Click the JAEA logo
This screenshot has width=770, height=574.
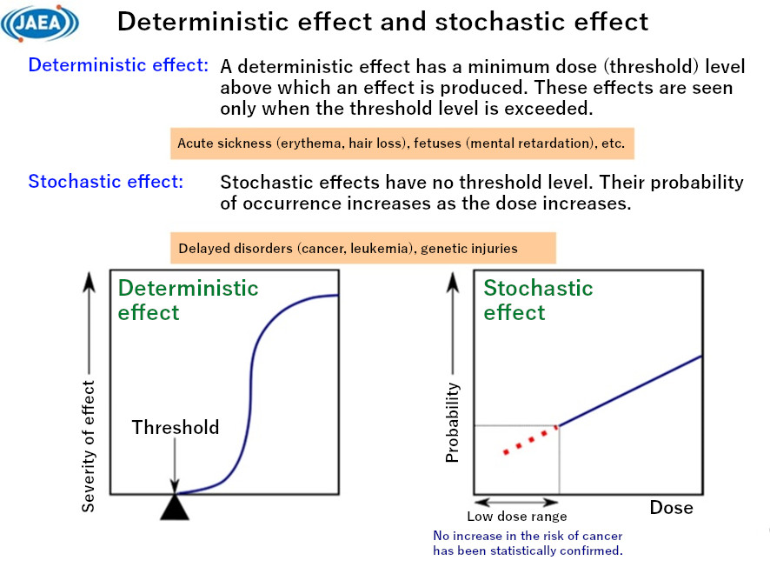(40, 23)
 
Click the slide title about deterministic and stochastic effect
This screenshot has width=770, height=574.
(382, 22)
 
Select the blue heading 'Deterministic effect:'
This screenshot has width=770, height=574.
(118, 65)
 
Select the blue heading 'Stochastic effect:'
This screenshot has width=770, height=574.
(105, 182)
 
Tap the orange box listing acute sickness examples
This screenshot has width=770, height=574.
(401, 143)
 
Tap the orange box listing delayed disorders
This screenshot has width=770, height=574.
(362, 249)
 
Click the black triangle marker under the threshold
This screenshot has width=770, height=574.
(175, 507)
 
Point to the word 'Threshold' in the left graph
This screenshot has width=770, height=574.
(176, 427)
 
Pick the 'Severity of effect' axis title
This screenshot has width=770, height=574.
(89, 444)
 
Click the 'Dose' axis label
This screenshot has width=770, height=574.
(671, 507)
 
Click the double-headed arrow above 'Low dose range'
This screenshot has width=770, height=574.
(516, 503)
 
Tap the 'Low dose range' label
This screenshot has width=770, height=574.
(516, 517)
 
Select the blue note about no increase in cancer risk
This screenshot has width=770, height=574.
(528, 544)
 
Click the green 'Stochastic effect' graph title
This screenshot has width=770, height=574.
(538, 300)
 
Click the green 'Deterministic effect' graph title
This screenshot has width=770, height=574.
(188, 300)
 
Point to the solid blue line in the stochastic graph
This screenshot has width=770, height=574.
(630, 390)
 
